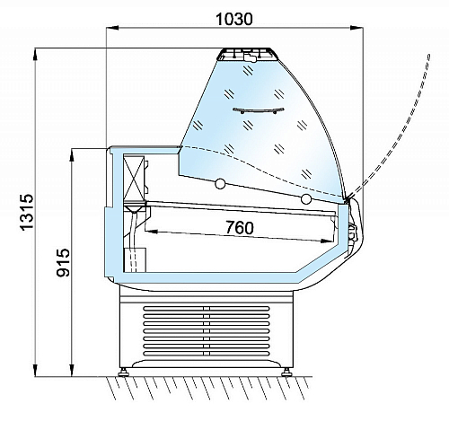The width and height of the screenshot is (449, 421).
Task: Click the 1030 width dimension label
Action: tap(234, 19)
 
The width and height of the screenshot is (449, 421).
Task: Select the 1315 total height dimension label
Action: tap(27, 212)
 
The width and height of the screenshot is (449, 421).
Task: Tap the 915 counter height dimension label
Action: tap(63, 262)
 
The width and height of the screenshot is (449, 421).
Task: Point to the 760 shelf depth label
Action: tap(240, 227)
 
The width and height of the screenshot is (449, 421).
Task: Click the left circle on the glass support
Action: tap(220, 183)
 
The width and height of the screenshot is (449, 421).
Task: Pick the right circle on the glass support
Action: tap(306, 198)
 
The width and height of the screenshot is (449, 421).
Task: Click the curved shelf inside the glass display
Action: tap(259, 110)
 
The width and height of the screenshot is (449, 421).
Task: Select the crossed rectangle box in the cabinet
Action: tap(134, 177)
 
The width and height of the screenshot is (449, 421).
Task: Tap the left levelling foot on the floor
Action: tap(123, 373)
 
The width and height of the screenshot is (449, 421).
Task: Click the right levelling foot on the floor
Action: tap(286, 373)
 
